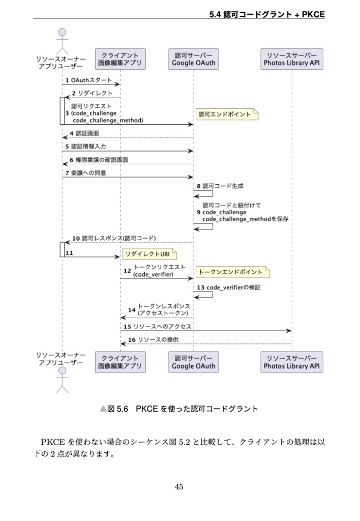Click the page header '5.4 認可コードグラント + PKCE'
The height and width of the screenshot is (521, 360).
pos(267,15)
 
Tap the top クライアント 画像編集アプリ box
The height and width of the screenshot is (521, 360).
pos(120,59)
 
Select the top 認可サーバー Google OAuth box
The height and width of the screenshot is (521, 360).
pos(193,59)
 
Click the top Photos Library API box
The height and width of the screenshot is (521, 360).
pos(292,59)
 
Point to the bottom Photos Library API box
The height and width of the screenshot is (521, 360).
pos(292,362)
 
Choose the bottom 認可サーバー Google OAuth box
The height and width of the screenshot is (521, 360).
pos(193,362)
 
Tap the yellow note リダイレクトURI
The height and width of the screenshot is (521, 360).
pos(147,253)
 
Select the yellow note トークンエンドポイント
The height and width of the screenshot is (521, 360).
pos(232,273)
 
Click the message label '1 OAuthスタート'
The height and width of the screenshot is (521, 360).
pos(88,80)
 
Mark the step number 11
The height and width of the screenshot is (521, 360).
pos(69,252)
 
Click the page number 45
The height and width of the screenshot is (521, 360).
pos(179,487)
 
